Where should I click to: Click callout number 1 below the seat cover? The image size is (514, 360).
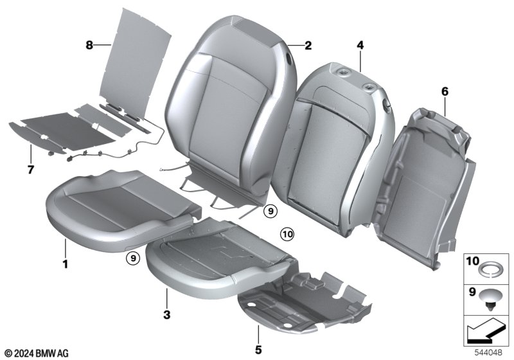click(x=66, y=264)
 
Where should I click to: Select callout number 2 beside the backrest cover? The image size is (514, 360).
click(x=308, y=45)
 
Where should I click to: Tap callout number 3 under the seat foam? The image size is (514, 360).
click(x=167, y=315)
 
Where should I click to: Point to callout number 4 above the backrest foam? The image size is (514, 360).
click(x=360, y=45)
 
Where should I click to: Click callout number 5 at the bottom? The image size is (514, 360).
click(x=258, y=350)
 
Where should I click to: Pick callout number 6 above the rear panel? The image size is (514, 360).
click(x=445, y=91)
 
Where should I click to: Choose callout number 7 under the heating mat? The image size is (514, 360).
click(x=30, y=170)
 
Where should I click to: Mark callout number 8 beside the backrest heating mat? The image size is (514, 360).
click(x=89, y=45)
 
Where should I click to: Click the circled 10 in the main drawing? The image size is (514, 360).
click(x=287, y=234)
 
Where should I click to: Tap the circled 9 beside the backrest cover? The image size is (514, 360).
click(x=270, y=211)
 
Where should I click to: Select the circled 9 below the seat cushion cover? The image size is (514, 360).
click(x=133, y=258)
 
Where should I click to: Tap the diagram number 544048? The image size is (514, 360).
click(x=488, y=353)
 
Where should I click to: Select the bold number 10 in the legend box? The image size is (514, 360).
click(x=472, y=261)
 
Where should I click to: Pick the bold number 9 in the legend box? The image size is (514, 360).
click(x=472, y=291)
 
